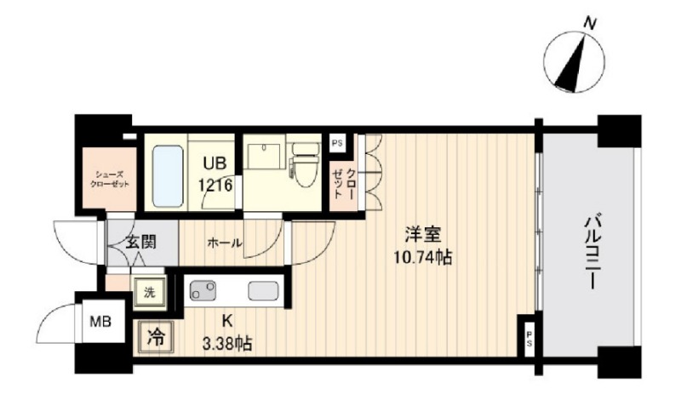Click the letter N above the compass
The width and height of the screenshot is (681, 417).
click(x=589, y=24)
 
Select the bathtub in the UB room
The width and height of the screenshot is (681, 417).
click(x=168, y=175)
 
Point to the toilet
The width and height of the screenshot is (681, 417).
click(x=306, y=165)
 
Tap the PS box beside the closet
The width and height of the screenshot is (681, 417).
click(x=337, y=143)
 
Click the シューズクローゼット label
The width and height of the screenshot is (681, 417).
click(x=110, y=179)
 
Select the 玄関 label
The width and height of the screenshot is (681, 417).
click(x=140, y=242)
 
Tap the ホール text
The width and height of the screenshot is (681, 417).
click(x=225, y=243)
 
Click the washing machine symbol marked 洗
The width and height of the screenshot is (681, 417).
click(x=149, y=293)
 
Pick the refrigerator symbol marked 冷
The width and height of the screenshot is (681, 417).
click(x=156, y=337)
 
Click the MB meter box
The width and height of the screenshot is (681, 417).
click(x=100, y=322)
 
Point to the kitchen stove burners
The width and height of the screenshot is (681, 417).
click(x=203, y=290)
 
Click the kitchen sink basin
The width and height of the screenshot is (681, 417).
click(x=263, y=290)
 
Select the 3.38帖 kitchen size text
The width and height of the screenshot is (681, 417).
click(x=227, y=345)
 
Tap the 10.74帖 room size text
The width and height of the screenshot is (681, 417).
click(x=422, y=258)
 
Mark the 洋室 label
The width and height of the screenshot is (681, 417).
click(x=422, y=235)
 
